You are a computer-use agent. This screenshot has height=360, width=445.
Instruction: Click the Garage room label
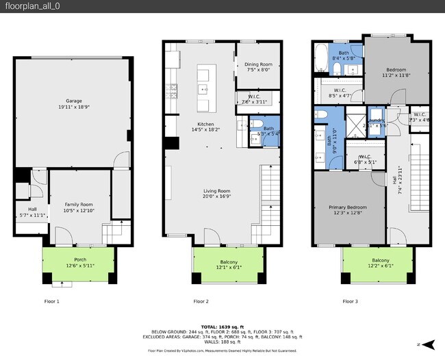coord(73,103)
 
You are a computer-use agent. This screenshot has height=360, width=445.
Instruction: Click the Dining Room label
coord(258,66)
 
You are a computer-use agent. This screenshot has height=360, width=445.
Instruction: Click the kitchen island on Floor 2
coord(203,88)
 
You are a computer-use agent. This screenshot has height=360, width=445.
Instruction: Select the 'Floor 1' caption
coord(52,301)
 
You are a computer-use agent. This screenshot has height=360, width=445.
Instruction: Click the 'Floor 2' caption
coord(201,301)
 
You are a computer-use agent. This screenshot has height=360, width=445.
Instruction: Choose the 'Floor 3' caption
coord(350,301)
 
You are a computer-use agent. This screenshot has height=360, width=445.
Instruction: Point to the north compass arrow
coord(429,343)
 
